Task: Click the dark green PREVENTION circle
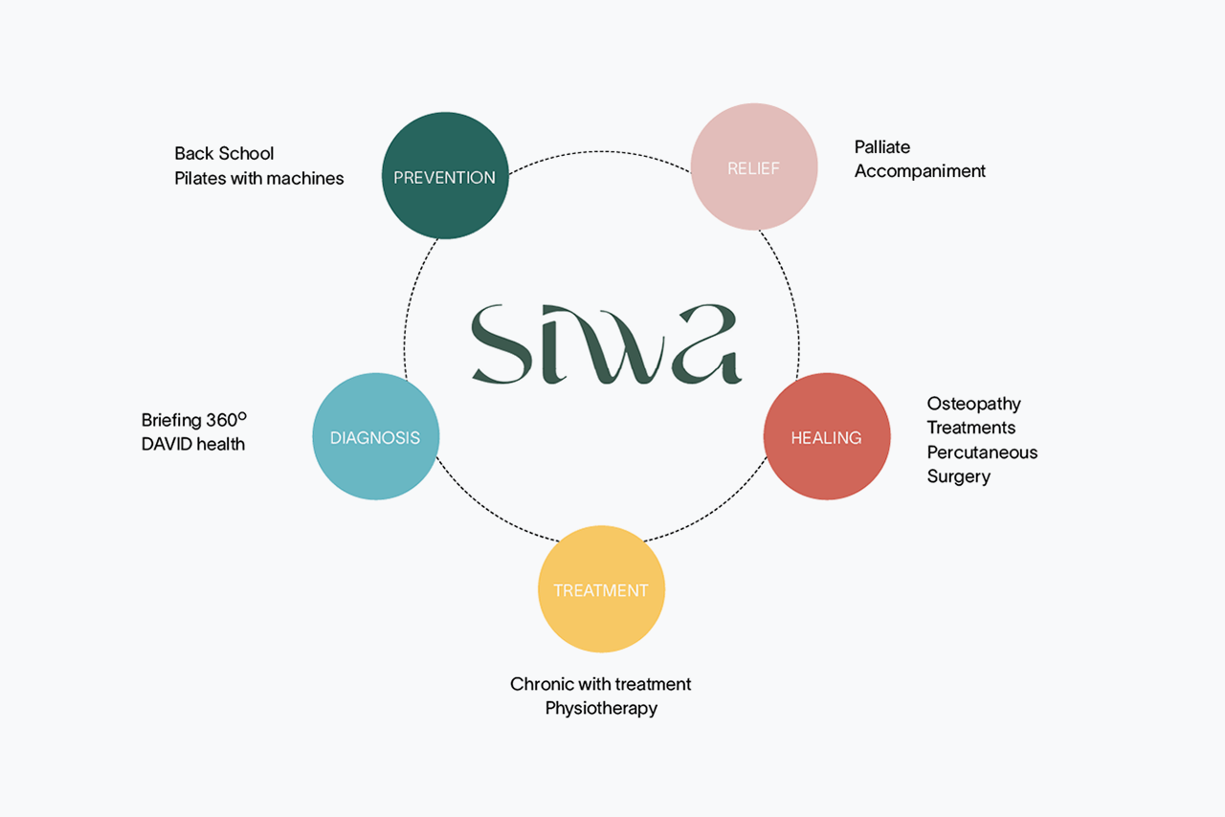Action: click(x=445, y=175)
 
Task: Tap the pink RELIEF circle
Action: click(x=754, y=166)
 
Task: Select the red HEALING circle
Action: click(x=827, y=436)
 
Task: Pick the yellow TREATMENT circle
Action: click(x=602, y=589)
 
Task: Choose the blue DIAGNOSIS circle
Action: click(x=376, y=436)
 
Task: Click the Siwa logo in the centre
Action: click(x=607, y=344)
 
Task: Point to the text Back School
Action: click(x=224, y=154)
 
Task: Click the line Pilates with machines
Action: click(x=259, y=178)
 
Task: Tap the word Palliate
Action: click(x=882, y=147)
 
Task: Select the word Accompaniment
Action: click(x=920, y=171)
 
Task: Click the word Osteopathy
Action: click(x=974, y=404)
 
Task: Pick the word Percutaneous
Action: click(x=982, y=453)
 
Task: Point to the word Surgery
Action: click(x=959, y=476)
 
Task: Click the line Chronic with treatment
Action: click(x=600, y=684)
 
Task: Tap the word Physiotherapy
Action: click(x=601, y=709)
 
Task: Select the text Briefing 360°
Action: click(x=194, y=419)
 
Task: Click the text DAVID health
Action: click(x=193, y=444)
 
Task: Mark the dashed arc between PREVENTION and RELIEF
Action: click(x=600, y=151)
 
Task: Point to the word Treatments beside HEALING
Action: click(x=970, y=428)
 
